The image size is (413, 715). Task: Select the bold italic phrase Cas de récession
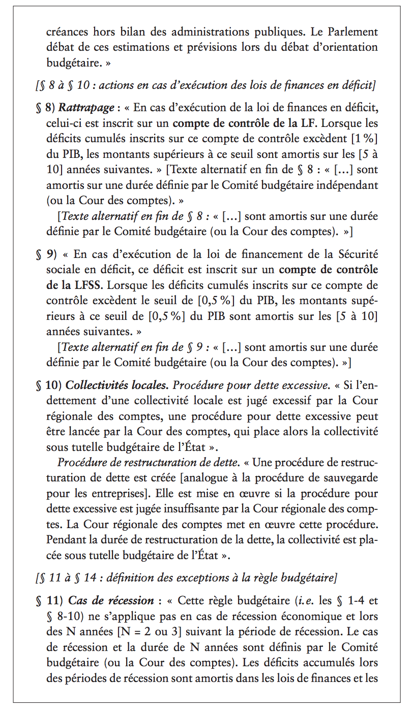pyautogui.click(x=111, y=601)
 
